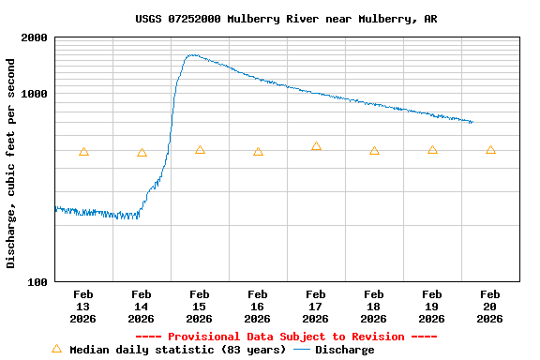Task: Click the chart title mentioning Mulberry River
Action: (x=285, y=19)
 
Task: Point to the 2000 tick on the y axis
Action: (x=36, y=37)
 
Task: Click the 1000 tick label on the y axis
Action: (x=36, y=94)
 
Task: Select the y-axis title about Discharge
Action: (x=11, y=163)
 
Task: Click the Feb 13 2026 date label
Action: (x=83, y=307)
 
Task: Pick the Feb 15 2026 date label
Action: (x=200, y=307)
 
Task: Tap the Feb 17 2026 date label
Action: (x=316, y=307)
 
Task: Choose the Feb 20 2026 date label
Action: (x=490, y=307)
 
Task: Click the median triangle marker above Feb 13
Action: (x=83, y=151)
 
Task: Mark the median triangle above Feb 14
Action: (x=142, y=152)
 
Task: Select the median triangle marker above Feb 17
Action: (x=316, y=145)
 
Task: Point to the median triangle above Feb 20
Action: (x=490, y=149)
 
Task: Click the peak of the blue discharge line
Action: (x=192, y=55)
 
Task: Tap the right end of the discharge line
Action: (x=472, y=122)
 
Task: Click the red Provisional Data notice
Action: (x=286, y=337)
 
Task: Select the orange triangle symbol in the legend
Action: (x=56, y=349)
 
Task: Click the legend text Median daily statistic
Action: (x=177, y=350)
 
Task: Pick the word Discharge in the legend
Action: (x=344, y=350)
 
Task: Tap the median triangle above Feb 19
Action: (x=432, y=149)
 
